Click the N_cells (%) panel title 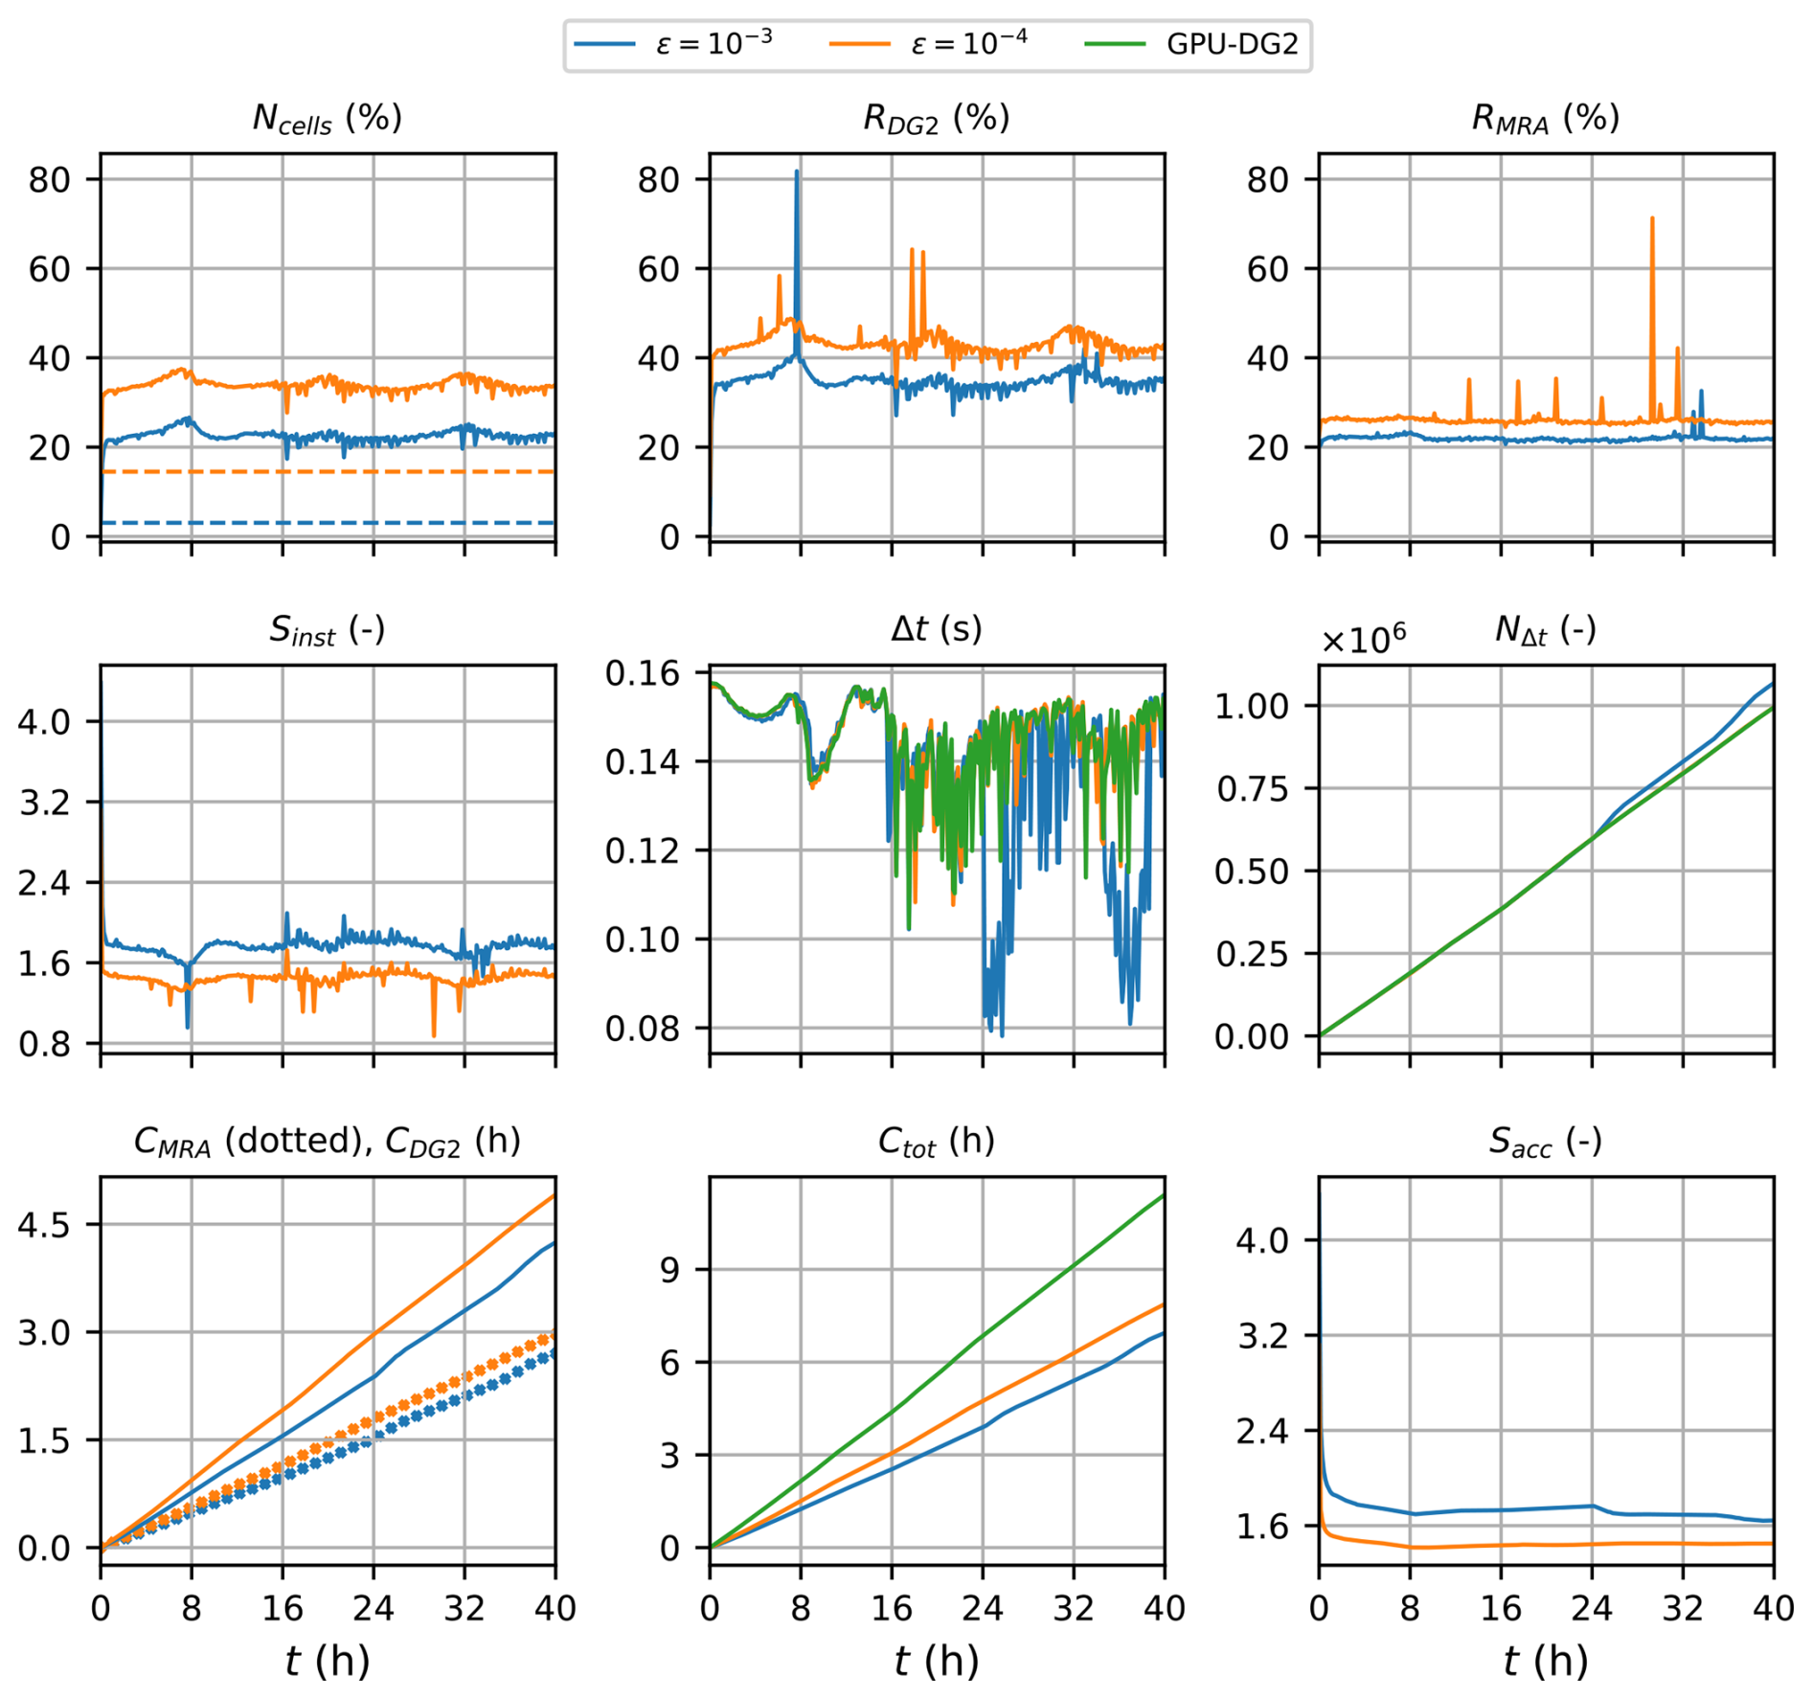coord(327,119)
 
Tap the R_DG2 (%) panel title coord(936,119)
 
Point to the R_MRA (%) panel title coord(1545,119)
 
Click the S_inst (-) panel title coord(327,630)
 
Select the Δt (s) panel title coord(936,629)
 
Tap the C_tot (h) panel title coord(936,1142)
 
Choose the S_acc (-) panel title coord(1545,1142)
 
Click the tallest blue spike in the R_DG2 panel coord(796,173)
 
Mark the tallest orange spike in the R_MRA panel coord(1652,220)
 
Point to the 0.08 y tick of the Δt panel coord(643,1029)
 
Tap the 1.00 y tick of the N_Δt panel coord(1253,707)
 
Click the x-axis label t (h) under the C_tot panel coord(936,1661)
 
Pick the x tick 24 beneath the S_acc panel coord(1592,1608)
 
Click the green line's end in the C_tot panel coord(1164,1195)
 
